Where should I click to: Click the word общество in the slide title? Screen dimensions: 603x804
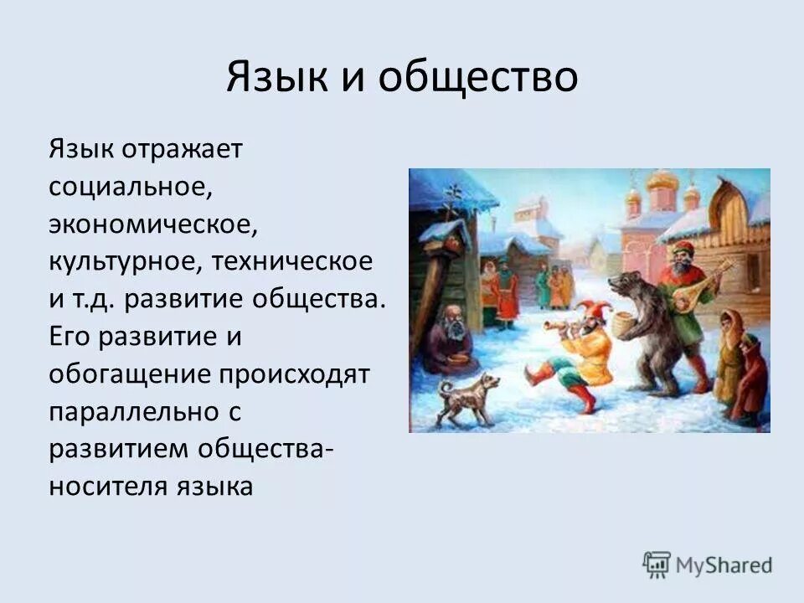click(x=478, y=78)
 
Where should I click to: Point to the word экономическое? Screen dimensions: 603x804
click(x=150, y=224)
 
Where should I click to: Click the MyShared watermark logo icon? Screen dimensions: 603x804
click(x=657, y=564)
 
